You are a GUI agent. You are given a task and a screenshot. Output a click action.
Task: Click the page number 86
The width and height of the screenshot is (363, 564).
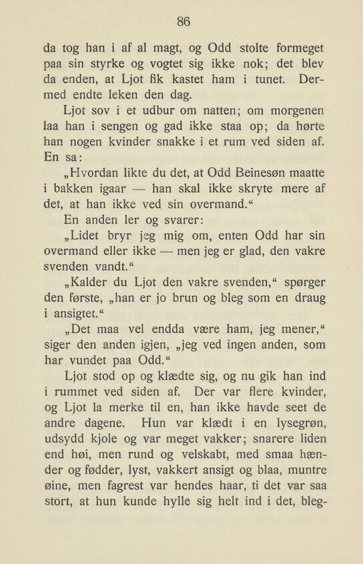coord(184,21)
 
